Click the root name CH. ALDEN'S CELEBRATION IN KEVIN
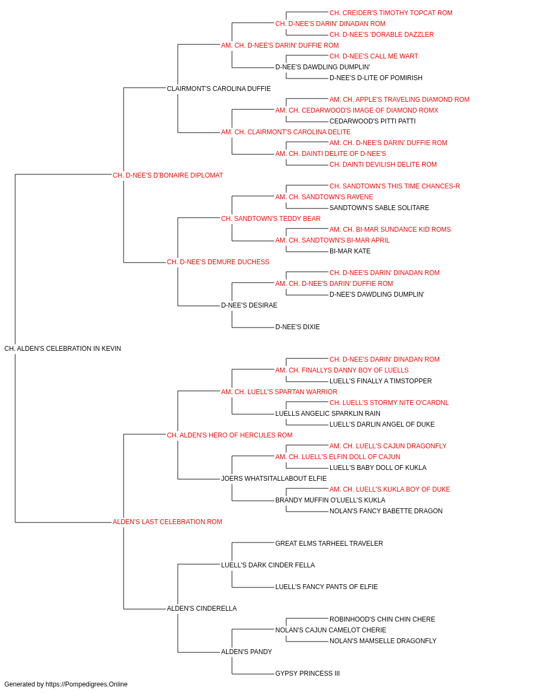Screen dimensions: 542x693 [x=62, y=349]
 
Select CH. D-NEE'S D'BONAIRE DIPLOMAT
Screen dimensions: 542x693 [x=168, y=175]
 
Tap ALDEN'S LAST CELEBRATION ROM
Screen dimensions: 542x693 [x=167, y=522]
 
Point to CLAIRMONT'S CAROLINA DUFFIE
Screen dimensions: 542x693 [x=218, y=89]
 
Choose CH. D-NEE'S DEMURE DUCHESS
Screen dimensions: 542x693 [x=218, y=262]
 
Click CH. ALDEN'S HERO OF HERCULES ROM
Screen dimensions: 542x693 [x=229, y=435]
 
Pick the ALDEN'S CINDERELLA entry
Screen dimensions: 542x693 [x=202, y=608]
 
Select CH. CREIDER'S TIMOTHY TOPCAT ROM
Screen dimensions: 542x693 [x=391, y=13]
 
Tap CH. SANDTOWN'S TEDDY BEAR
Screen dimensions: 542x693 [x=270, y=218]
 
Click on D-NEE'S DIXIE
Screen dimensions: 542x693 [x=298, y=327]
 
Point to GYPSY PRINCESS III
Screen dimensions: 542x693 [x=307, y=673]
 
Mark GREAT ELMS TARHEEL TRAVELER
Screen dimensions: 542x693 [x=329, y=544]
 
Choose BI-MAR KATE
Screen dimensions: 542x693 [x=350, y=251]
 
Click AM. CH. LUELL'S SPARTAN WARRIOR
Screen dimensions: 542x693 [x=279, y=391]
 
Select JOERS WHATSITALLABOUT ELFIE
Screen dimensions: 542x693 [x=274, y=479]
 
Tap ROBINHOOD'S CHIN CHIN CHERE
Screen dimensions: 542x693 [x=382, y=619]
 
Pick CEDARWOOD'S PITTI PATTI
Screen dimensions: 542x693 [x=372, y=121]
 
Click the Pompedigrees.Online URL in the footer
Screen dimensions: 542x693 [x=86, y=684]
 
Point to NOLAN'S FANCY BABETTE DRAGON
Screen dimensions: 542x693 [x=386, y=511]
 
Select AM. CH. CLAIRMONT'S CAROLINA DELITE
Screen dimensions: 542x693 [x=286, y=132]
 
